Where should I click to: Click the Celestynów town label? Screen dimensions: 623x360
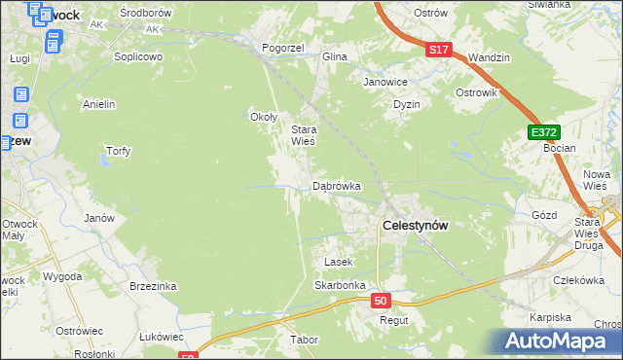pos(415,225)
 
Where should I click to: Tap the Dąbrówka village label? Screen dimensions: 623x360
pos(337,185)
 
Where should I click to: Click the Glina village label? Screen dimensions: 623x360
pos(335,56)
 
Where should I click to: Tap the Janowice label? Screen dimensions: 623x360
pos(385,83)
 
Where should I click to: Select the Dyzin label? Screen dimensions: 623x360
pos(406,104)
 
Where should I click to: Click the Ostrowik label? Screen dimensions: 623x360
pos(477,92)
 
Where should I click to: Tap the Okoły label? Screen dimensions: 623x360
pos(265,118)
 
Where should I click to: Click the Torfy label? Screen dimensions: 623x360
pos(118,151)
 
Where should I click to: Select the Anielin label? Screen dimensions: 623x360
pos(99,103)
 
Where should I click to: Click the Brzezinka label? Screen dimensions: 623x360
pos(153,286)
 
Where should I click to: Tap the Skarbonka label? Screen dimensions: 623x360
pos(339,285)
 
